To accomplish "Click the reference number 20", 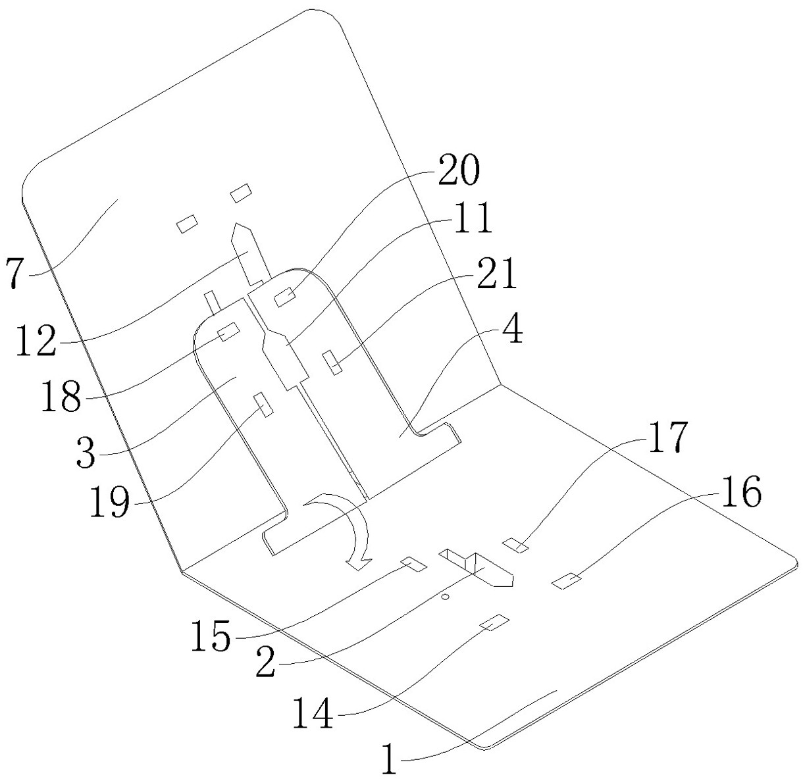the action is pos(459,170).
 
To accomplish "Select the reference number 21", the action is pos(496,274).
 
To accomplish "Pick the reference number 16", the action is pos(741,491).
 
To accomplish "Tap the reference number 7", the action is pos(14,272).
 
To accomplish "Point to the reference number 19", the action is pos(110,501).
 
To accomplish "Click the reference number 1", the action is pos(390,758).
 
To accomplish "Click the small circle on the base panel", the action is pos(445,597).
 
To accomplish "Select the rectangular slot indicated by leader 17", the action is pos(515,545).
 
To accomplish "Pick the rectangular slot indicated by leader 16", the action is pos(567,581).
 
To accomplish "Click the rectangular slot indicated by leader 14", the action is pos(494,622).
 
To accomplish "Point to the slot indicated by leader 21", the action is pos(332,363).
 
